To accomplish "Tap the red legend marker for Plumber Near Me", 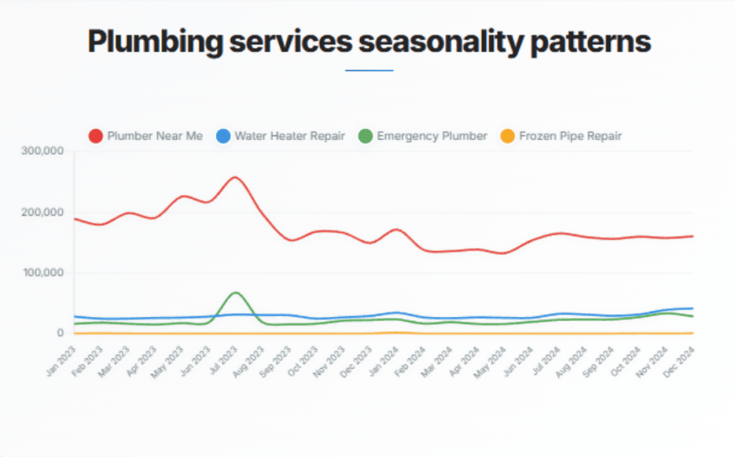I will coord(95,136).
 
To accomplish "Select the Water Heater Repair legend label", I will coord(289,136).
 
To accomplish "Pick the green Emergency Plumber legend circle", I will coord(366,136).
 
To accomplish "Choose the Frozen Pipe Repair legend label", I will coord(570,136).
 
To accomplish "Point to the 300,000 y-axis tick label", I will coord(42,151).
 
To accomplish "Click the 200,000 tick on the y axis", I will coord(42,212).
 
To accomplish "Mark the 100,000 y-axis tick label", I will coord(42,273).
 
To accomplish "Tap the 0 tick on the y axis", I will coord(60,333).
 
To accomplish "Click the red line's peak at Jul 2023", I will coord(235,177).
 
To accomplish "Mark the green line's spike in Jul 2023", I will coord(236,292).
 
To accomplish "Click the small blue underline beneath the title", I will coord(369,70).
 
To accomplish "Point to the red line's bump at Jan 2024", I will coord(397,229).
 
